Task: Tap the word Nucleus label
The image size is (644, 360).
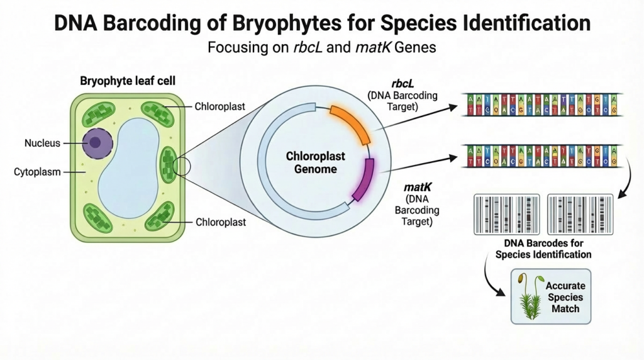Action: coord(42,143)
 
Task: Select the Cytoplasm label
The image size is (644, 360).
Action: coord(37,171)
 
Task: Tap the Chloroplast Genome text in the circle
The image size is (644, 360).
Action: coord(311,162)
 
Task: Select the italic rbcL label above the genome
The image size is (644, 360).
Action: coord(402,83)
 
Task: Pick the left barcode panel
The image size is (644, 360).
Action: coord(506,214)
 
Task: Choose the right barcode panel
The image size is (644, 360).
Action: coord(580,214)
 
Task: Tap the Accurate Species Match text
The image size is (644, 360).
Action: coord(565,297)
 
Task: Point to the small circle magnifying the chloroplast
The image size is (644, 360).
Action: coord(182,166)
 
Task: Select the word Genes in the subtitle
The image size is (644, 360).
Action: coord(413,48)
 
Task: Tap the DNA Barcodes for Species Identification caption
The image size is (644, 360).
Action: coord(543,249)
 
